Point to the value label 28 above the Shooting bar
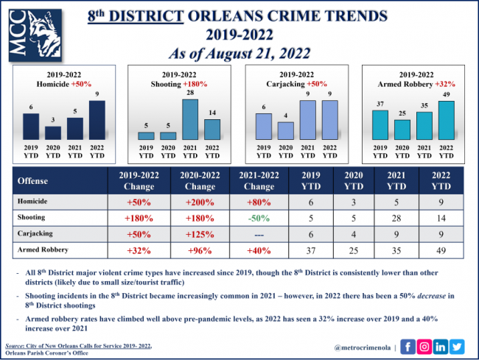pyautogui.click(x=189, y=93)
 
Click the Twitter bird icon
pyautogui.click(x=457, y=345)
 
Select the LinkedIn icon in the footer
pyautogui.click(x=441, y=345)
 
